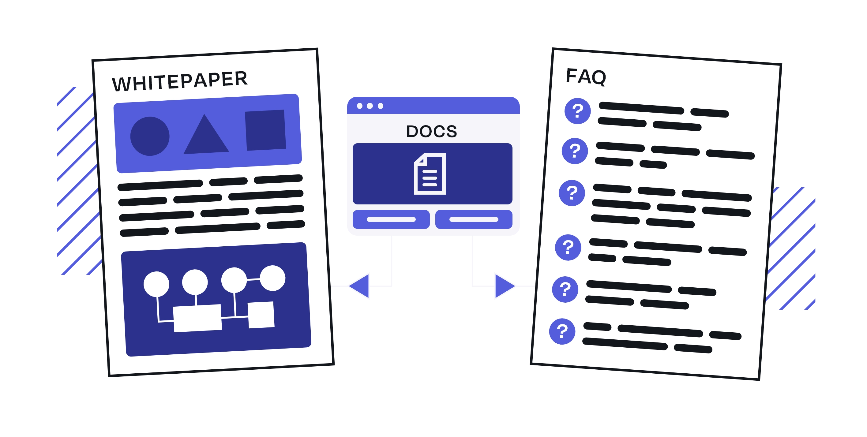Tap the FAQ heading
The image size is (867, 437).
point(586,77)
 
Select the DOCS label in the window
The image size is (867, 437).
point(432,131)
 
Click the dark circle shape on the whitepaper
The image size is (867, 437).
point(150,136)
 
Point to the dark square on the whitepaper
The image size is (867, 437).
point(265,130)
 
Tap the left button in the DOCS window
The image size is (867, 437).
point(391,219)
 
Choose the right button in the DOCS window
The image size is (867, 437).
point(474,219)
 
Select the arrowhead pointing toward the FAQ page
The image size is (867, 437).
point(503,286)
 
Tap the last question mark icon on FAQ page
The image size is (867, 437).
point(562,331)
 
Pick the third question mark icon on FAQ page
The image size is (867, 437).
point(572,193)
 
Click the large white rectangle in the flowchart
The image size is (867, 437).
point(197,318)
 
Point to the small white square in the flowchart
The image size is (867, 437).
point(261,315)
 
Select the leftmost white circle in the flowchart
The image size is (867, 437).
point(156,284)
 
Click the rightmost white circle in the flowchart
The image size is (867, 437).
point(272,278)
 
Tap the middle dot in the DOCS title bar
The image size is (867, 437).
point(370,106)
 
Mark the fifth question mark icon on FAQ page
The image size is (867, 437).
point(565,289)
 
